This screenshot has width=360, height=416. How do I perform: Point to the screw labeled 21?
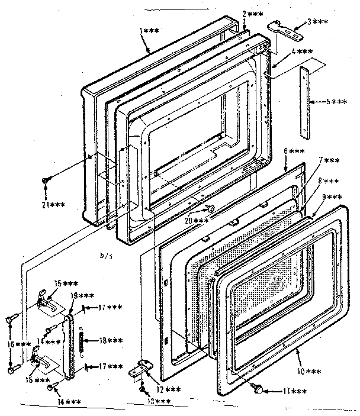coord(46,182)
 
